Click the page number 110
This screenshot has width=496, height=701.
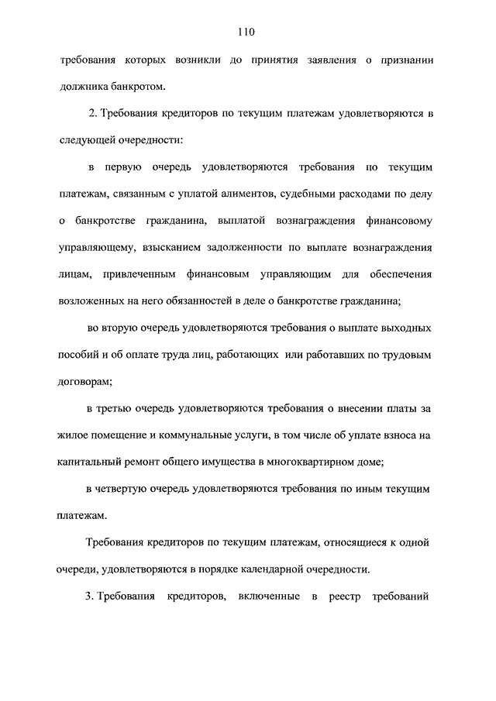point(247,32)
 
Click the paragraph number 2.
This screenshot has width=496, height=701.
point(92,115)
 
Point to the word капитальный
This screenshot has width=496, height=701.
point(91,462)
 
